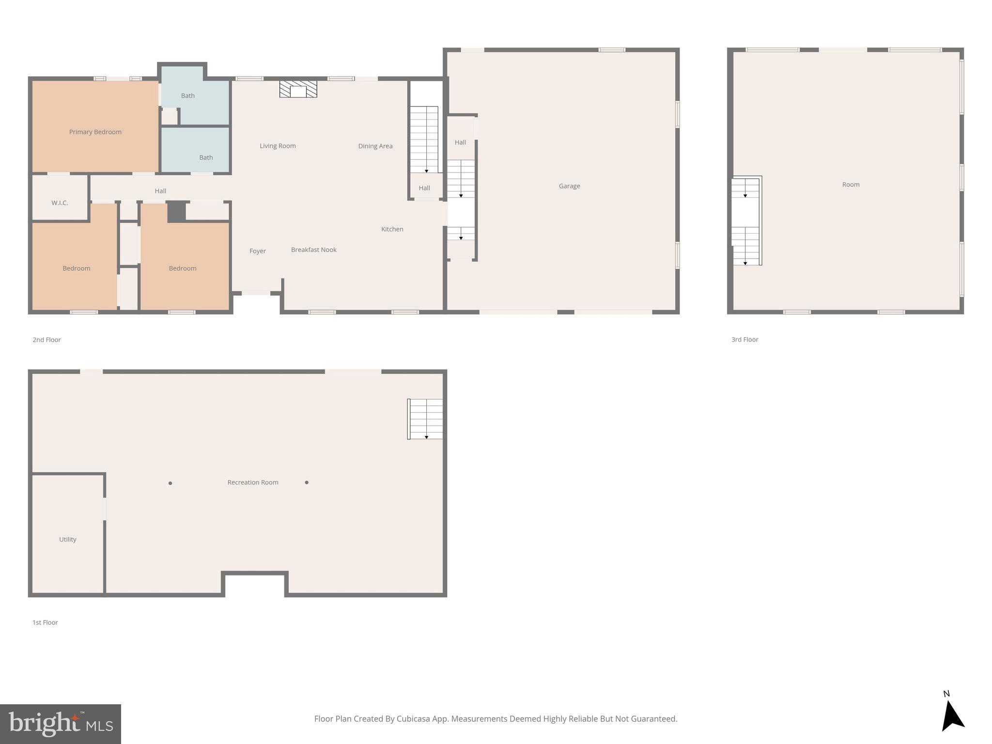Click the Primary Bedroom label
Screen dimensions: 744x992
coord(95,132)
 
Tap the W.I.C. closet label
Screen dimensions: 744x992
coord(60,203)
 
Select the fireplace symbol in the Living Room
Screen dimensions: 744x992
coord(298,90)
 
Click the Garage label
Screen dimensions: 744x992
coord(569,186)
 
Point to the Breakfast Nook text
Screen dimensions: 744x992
coord(313,250)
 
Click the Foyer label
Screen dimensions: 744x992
coord(257,251)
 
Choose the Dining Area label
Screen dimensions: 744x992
coord(375,146)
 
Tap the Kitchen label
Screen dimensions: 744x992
coord(392,229)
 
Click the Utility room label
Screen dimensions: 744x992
coord(67,540)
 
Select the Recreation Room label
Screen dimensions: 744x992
coord(252,482)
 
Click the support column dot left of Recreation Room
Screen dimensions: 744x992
coord(170,483)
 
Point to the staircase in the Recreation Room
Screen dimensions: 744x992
coord(425,419)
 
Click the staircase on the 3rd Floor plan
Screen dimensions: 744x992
coord(746,221)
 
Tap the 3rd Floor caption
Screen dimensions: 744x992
coord(744,340)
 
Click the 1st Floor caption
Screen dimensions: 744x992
coord(45,622)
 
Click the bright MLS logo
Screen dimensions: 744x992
coord(61,724)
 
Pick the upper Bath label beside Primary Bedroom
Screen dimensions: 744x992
coord(187,96)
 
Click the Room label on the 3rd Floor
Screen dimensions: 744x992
coord(851,185)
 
